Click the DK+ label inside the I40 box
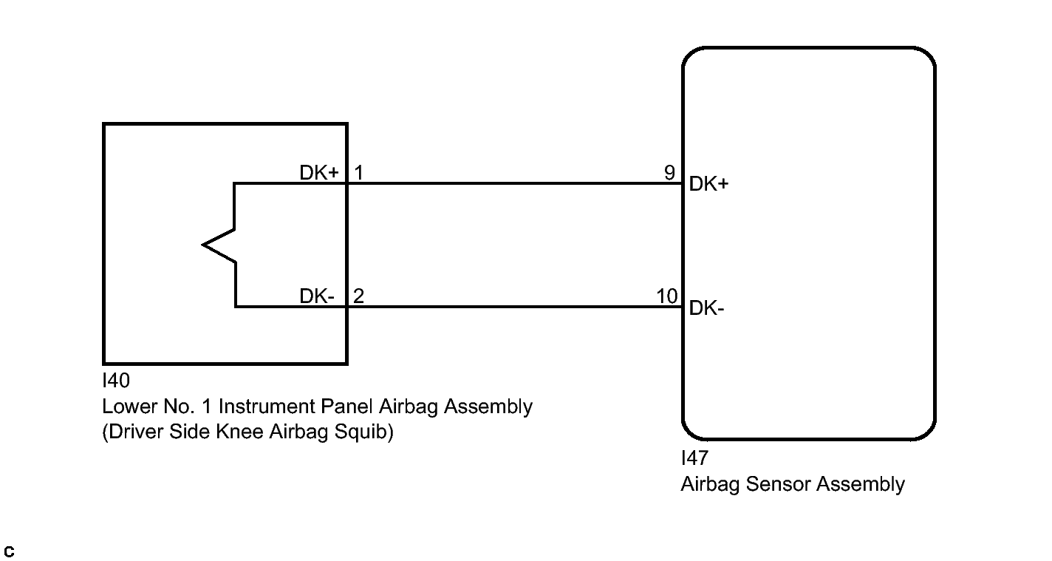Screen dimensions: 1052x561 [x=319, y=173]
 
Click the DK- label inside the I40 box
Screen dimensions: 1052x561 [x=317, y=296]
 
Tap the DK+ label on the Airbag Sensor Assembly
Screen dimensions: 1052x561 [x=708, y=184]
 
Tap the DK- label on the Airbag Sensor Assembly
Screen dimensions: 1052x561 [x=707, y=308]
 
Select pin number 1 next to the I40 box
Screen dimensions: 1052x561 [x=359, y=173]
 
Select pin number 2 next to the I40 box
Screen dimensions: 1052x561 [x=358, y=296]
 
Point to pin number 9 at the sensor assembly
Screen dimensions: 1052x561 [x=670, y=173]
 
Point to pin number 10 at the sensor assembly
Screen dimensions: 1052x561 [x=667, y=296]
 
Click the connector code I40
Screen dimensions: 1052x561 [x=115, y=381]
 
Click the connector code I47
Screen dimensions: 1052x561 [x=694, y=458]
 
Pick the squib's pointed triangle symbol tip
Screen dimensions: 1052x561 [x=203, y=245]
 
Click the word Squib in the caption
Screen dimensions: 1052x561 [x=363, y=432]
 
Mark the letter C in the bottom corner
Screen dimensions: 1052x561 [x=9, y=551]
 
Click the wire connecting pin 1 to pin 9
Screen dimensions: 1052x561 [x=515, y=183]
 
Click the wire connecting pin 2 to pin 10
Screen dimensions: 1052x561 [x=515, y=307]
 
